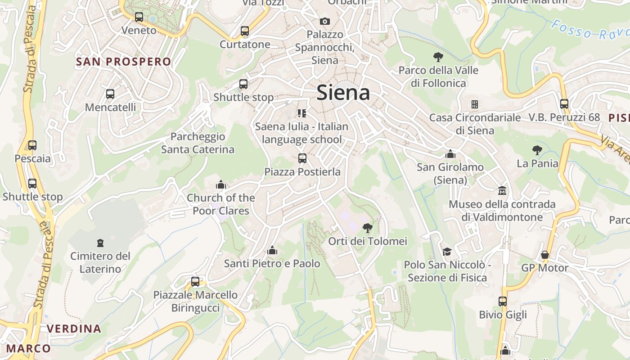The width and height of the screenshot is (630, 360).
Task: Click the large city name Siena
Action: click(x=343, y=93)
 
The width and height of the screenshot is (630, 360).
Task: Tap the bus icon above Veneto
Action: click(x=139, y=17)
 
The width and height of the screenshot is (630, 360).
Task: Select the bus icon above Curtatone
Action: click(x=245, y=31)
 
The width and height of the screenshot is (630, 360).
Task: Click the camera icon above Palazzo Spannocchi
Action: click(x=324, y=21)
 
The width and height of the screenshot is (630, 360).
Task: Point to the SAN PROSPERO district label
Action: click(x=124, y=62)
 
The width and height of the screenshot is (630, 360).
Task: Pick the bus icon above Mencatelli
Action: click(x=110, y=94)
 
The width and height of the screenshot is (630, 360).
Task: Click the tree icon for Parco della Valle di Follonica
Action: click(x=438, y=57)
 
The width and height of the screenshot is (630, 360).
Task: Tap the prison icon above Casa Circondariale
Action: click(x=474, y=104)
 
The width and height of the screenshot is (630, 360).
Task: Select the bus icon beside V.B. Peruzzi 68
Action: click(x=564, y=104)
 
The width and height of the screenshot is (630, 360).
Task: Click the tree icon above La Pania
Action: click(x=537, y=150)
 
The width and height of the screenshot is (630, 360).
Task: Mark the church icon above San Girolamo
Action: click(x=450, y=154)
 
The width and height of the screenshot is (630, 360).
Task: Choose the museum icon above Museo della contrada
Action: click(x=502, y=191)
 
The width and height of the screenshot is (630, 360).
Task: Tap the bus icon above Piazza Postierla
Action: click(x=302, y=158)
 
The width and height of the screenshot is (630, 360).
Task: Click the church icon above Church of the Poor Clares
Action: click(x=220, y=184)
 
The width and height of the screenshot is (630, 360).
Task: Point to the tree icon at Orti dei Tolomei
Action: click(x=368, y=228)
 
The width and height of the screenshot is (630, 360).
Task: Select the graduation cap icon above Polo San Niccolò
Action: click(x=447, y=252)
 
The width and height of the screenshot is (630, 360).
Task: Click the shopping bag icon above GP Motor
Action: click(x=545, y=255)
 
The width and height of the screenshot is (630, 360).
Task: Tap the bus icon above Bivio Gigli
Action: click(x=503, y=301)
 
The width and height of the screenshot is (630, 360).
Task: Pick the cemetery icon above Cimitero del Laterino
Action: click(x=100, y=243)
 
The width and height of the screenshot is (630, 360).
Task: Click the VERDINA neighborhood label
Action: click(x=74, y=328)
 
